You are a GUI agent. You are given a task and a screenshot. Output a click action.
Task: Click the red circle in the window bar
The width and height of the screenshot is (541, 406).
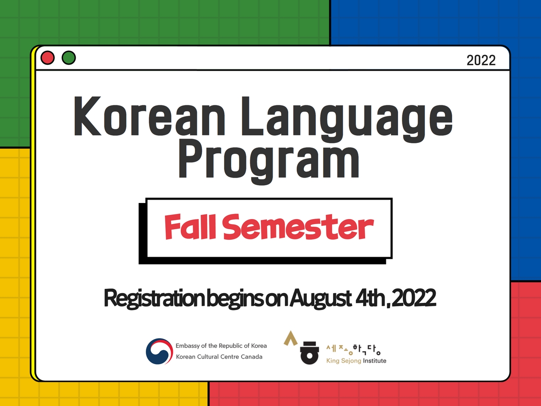click(47, 58)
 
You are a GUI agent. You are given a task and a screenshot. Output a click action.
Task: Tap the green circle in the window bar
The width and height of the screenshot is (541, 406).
click(68, 58)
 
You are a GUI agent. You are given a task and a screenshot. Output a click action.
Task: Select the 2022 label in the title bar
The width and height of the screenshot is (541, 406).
click(481, 60)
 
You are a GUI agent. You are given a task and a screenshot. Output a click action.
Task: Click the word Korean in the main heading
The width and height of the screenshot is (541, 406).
click(149, 116)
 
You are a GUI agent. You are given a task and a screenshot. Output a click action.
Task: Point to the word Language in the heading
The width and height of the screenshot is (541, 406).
click(347, 119)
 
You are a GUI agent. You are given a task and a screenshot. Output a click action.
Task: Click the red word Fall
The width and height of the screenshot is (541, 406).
click(190, 227)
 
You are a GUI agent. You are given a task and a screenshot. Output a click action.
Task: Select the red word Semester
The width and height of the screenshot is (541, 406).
click(298, 227)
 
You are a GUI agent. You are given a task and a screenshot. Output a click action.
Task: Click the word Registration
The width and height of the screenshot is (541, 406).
click(154, 298)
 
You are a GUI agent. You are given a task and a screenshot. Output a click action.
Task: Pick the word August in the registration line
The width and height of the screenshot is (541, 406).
click(320, 298)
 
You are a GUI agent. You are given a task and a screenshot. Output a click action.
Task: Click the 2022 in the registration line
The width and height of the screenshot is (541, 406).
click(414, 298)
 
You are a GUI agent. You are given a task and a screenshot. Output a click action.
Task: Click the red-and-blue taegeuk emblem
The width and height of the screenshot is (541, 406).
click(159, 351)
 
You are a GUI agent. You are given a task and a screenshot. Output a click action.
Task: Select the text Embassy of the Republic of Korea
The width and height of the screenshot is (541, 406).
click(221, 346)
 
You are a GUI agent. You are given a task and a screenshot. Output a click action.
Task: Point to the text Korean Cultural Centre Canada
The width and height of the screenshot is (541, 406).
click(219, 357)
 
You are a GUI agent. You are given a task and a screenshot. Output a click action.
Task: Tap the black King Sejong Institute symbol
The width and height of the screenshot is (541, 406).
click(309, 353)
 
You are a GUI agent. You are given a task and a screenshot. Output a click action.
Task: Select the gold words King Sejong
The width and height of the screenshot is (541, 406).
click(344, 361)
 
